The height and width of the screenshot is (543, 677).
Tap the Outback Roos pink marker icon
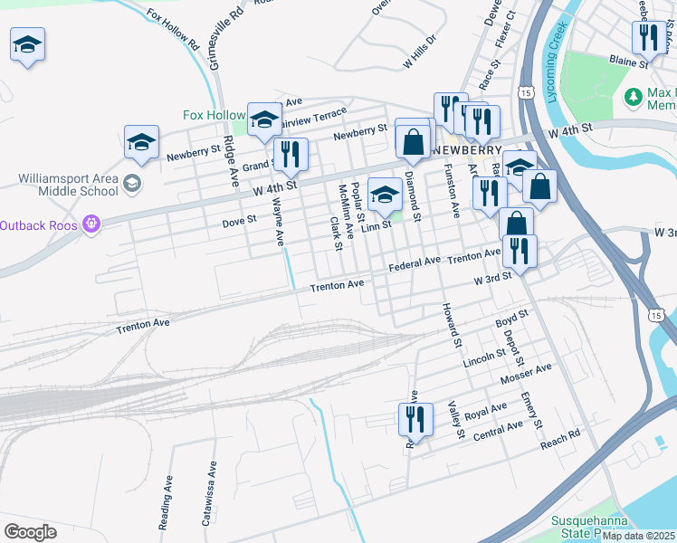pos(91,224)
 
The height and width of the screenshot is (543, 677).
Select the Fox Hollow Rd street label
pos(171,28)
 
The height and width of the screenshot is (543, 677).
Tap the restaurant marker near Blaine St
pos(647,39)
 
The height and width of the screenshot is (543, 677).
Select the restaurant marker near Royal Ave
pos(411,419)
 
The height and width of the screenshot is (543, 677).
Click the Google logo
pos(30,532)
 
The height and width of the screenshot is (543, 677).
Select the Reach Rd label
pos(559,441)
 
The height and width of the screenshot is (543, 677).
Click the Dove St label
pos(240,219)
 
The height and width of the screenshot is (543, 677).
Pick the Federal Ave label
pos(414,263)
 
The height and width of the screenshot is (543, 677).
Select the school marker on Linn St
pos(385,193)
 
